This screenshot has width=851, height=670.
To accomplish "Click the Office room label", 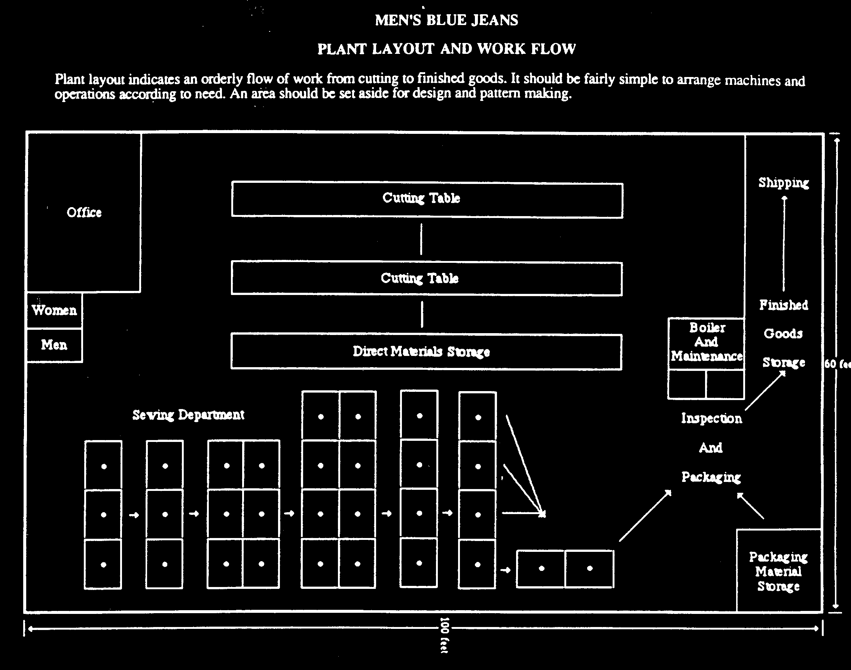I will tap(84, 212).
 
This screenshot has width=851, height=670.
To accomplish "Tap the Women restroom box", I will tap(55, 310).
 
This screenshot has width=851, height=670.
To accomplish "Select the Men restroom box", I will tap(55, 345).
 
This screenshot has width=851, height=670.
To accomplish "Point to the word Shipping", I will tap(783, 183).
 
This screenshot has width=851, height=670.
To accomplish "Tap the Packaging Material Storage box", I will tap(778, 571).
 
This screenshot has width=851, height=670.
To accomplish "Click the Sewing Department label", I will tap(188, 415).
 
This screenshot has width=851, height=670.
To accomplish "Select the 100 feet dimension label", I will tap(444, 635).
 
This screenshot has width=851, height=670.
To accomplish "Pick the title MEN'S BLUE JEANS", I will tap(446, 20).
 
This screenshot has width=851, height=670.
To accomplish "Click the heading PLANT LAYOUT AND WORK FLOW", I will tap(446, 49).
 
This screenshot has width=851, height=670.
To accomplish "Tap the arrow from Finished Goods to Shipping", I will tap(784, 243).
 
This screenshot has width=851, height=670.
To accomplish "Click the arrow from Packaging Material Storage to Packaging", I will tap(750, 506).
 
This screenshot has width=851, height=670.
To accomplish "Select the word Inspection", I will tap(711, 418).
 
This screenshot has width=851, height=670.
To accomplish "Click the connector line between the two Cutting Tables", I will tap(421, 239).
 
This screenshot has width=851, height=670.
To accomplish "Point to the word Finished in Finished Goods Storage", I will tap(784, 305).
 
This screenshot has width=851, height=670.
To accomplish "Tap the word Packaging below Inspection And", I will tap(711, 477).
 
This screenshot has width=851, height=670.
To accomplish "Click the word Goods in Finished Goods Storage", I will tap(783, 334).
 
